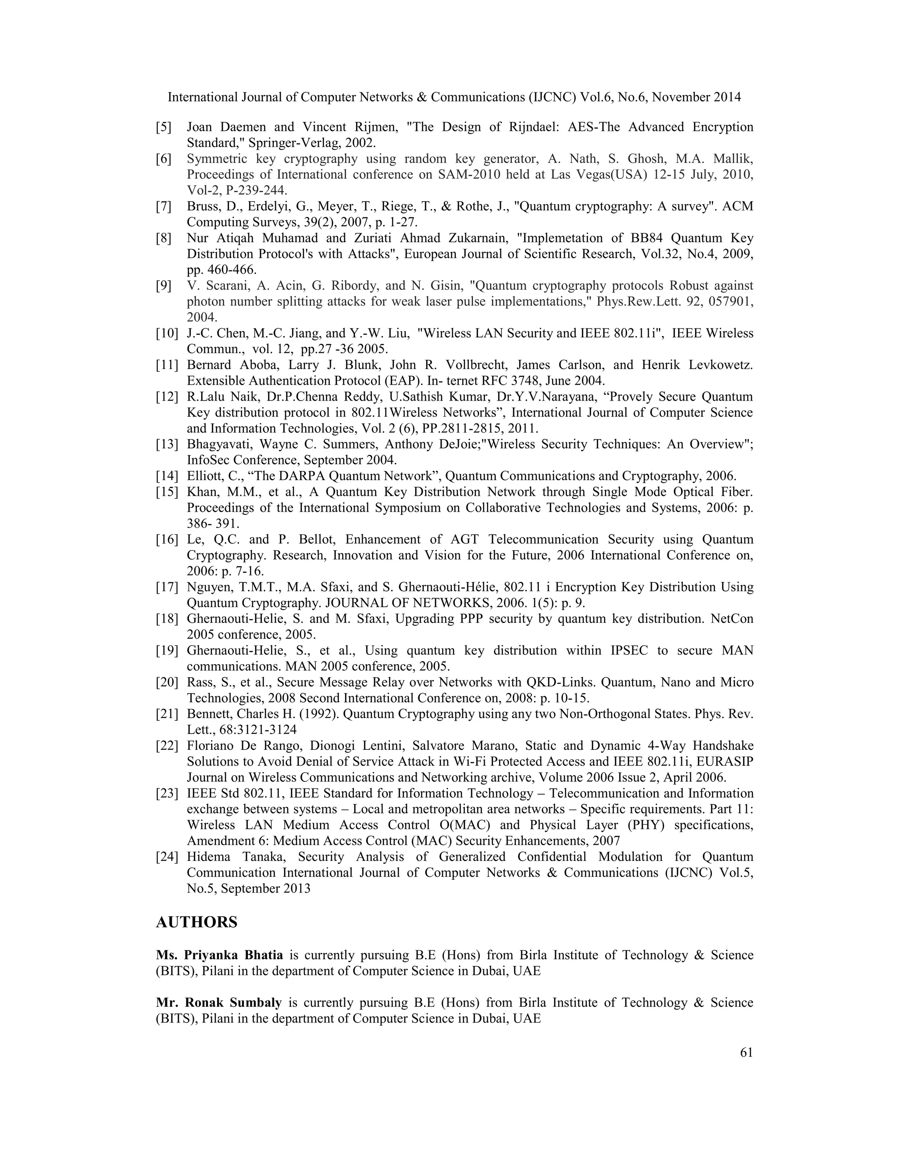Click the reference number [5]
[x=163, y=127]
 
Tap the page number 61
[x=747, y=1052]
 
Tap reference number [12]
[x=167, y=397]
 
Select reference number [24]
[x=167, y=857]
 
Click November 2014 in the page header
[x=697, y=97]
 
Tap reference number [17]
[x=167, y=587]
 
